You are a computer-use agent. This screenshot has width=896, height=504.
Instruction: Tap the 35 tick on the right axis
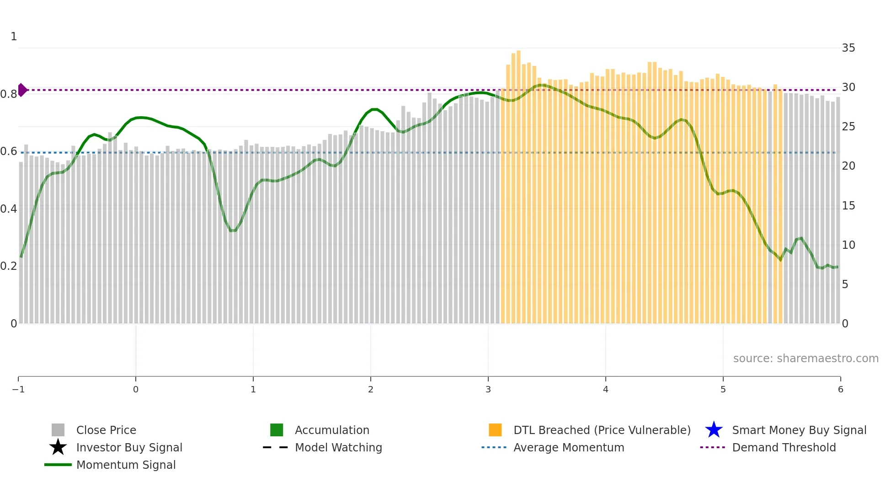coord(848,48)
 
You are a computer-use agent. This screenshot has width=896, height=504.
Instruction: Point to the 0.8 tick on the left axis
coord(9,94)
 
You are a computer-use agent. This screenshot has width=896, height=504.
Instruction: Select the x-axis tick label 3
coord(488,389)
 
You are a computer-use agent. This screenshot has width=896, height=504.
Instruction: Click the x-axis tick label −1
coord(18,389)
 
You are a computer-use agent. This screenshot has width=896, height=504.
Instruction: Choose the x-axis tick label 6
coord(840,389)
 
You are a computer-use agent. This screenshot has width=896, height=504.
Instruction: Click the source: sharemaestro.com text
coord(805,358)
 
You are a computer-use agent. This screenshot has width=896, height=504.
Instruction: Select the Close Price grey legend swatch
coord(58,430)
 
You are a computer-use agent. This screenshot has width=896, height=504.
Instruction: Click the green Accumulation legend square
coord(277,430)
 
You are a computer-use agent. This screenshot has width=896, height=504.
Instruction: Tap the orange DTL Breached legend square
coord(495,430)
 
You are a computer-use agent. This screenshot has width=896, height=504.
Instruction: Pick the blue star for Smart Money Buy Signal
coord(714,430)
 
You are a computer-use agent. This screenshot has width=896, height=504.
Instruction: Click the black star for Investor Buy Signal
coord(58,447)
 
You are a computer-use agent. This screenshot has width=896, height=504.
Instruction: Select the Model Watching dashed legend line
coord(276,447)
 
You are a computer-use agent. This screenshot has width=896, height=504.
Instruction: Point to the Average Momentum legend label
coord(569,447)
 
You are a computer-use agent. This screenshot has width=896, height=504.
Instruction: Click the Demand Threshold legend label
coord(784,447)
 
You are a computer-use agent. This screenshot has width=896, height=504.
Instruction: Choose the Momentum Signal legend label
coord(126,465)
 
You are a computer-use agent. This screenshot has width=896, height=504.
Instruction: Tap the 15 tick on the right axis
coord(848,206)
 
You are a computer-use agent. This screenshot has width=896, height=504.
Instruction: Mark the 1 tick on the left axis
coord(14,37)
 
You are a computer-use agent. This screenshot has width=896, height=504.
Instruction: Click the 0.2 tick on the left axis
coord(9,266)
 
